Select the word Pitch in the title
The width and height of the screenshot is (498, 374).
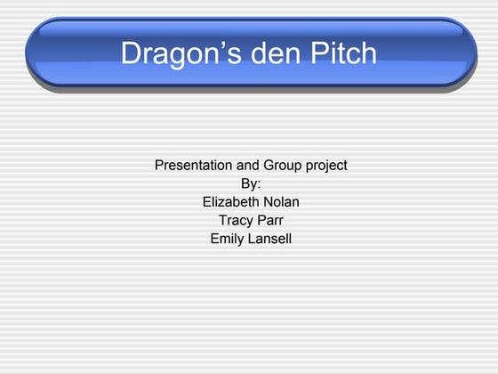345,53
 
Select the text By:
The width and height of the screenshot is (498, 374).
251,183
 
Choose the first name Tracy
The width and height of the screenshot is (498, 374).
235,220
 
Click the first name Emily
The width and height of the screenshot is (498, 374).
227,239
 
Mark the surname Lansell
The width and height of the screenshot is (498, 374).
269,239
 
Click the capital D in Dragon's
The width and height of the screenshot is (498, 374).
131,53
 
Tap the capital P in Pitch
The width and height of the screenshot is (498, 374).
322,53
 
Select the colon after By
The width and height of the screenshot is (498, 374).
259,184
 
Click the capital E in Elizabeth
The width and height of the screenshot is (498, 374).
207,201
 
